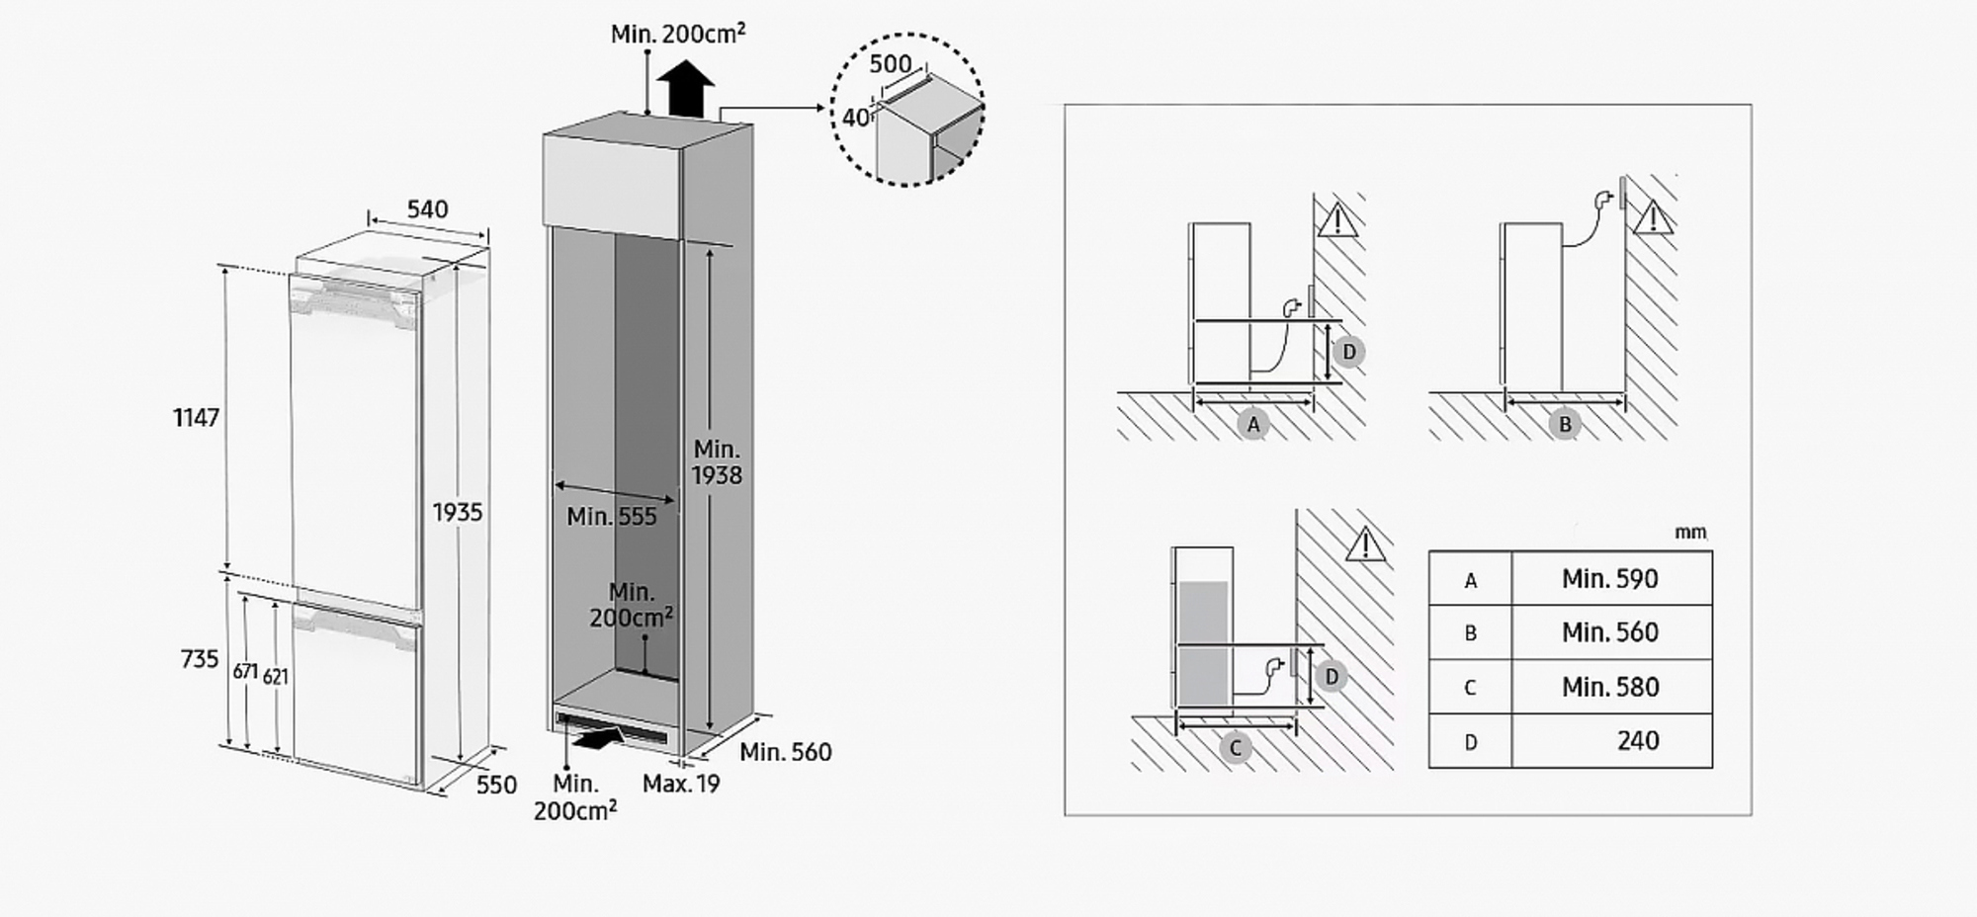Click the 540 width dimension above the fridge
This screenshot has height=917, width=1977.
click(427, 209)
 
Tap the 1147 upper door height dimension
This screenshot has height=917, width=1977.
click(196, 418)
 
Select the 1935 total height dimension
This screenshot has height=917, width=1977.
click(458, 512)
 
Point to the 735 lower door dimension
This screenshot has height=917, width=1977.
click(200, 659)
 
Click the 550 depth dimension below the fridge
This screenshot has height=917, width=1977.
click(496, 785)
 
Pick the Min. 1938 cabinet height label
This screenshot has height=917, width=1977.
click(717, 462)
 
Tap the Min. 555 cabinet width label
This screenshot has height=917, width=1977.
click(611, 516)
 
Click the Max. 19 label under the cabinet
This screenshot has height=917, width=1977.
click(681, 784)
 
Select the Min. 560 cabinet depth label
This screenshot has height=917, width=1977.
click(786, 752)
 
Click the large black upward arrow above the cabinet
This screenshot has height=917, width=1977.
click(686, 89)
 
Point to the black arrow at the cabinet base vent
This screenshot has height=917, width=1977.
click(598, 736)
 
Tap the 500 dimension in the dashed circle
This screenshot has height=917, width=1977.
click(891, 64)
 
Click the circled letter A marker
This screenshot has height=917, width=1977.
click(1253, 424)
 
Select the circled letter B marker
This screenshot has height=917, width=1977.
click(1565, 424)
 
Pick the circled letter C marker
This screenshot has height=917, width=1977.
click(1235, 748)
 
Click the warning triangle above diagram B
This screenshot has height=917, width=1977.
click(1653, 217)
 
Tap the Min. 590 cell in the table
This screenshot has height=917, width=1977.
click(1610, 579)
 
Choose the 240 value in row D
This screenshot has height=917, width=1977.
click(1638, 741)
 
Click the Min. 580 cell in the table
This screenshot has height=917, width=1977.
click(1610, 687)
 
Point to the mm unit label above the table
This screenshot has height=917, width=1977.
click(1690, 533)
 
